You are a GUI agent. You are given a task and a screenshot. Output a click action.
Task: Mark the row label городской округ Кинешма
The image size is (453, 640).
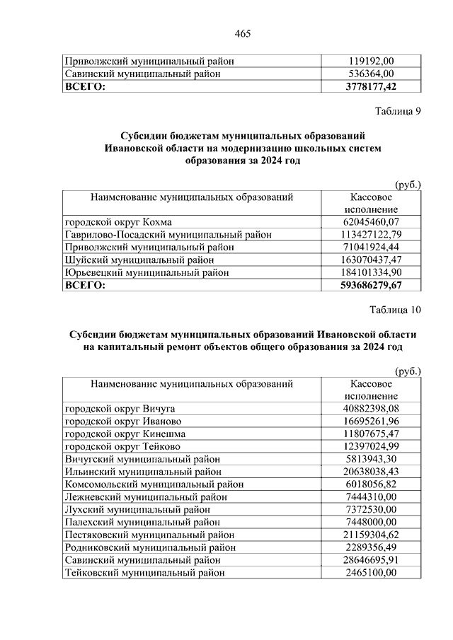pos(125,434)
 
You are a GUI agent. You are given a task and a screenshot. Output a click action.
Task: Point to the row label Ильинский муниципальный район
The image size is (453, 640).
pos(143,472)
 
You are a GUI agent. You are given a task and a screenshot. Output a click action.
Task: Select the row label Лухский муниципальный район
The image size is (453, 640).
pos(137,509)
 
